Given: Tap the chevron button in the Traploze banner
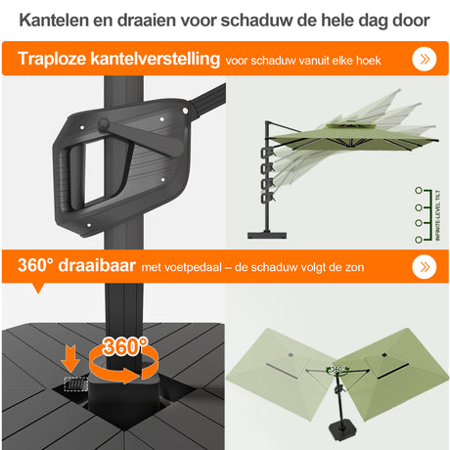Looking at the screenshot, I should coord(424,60).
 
